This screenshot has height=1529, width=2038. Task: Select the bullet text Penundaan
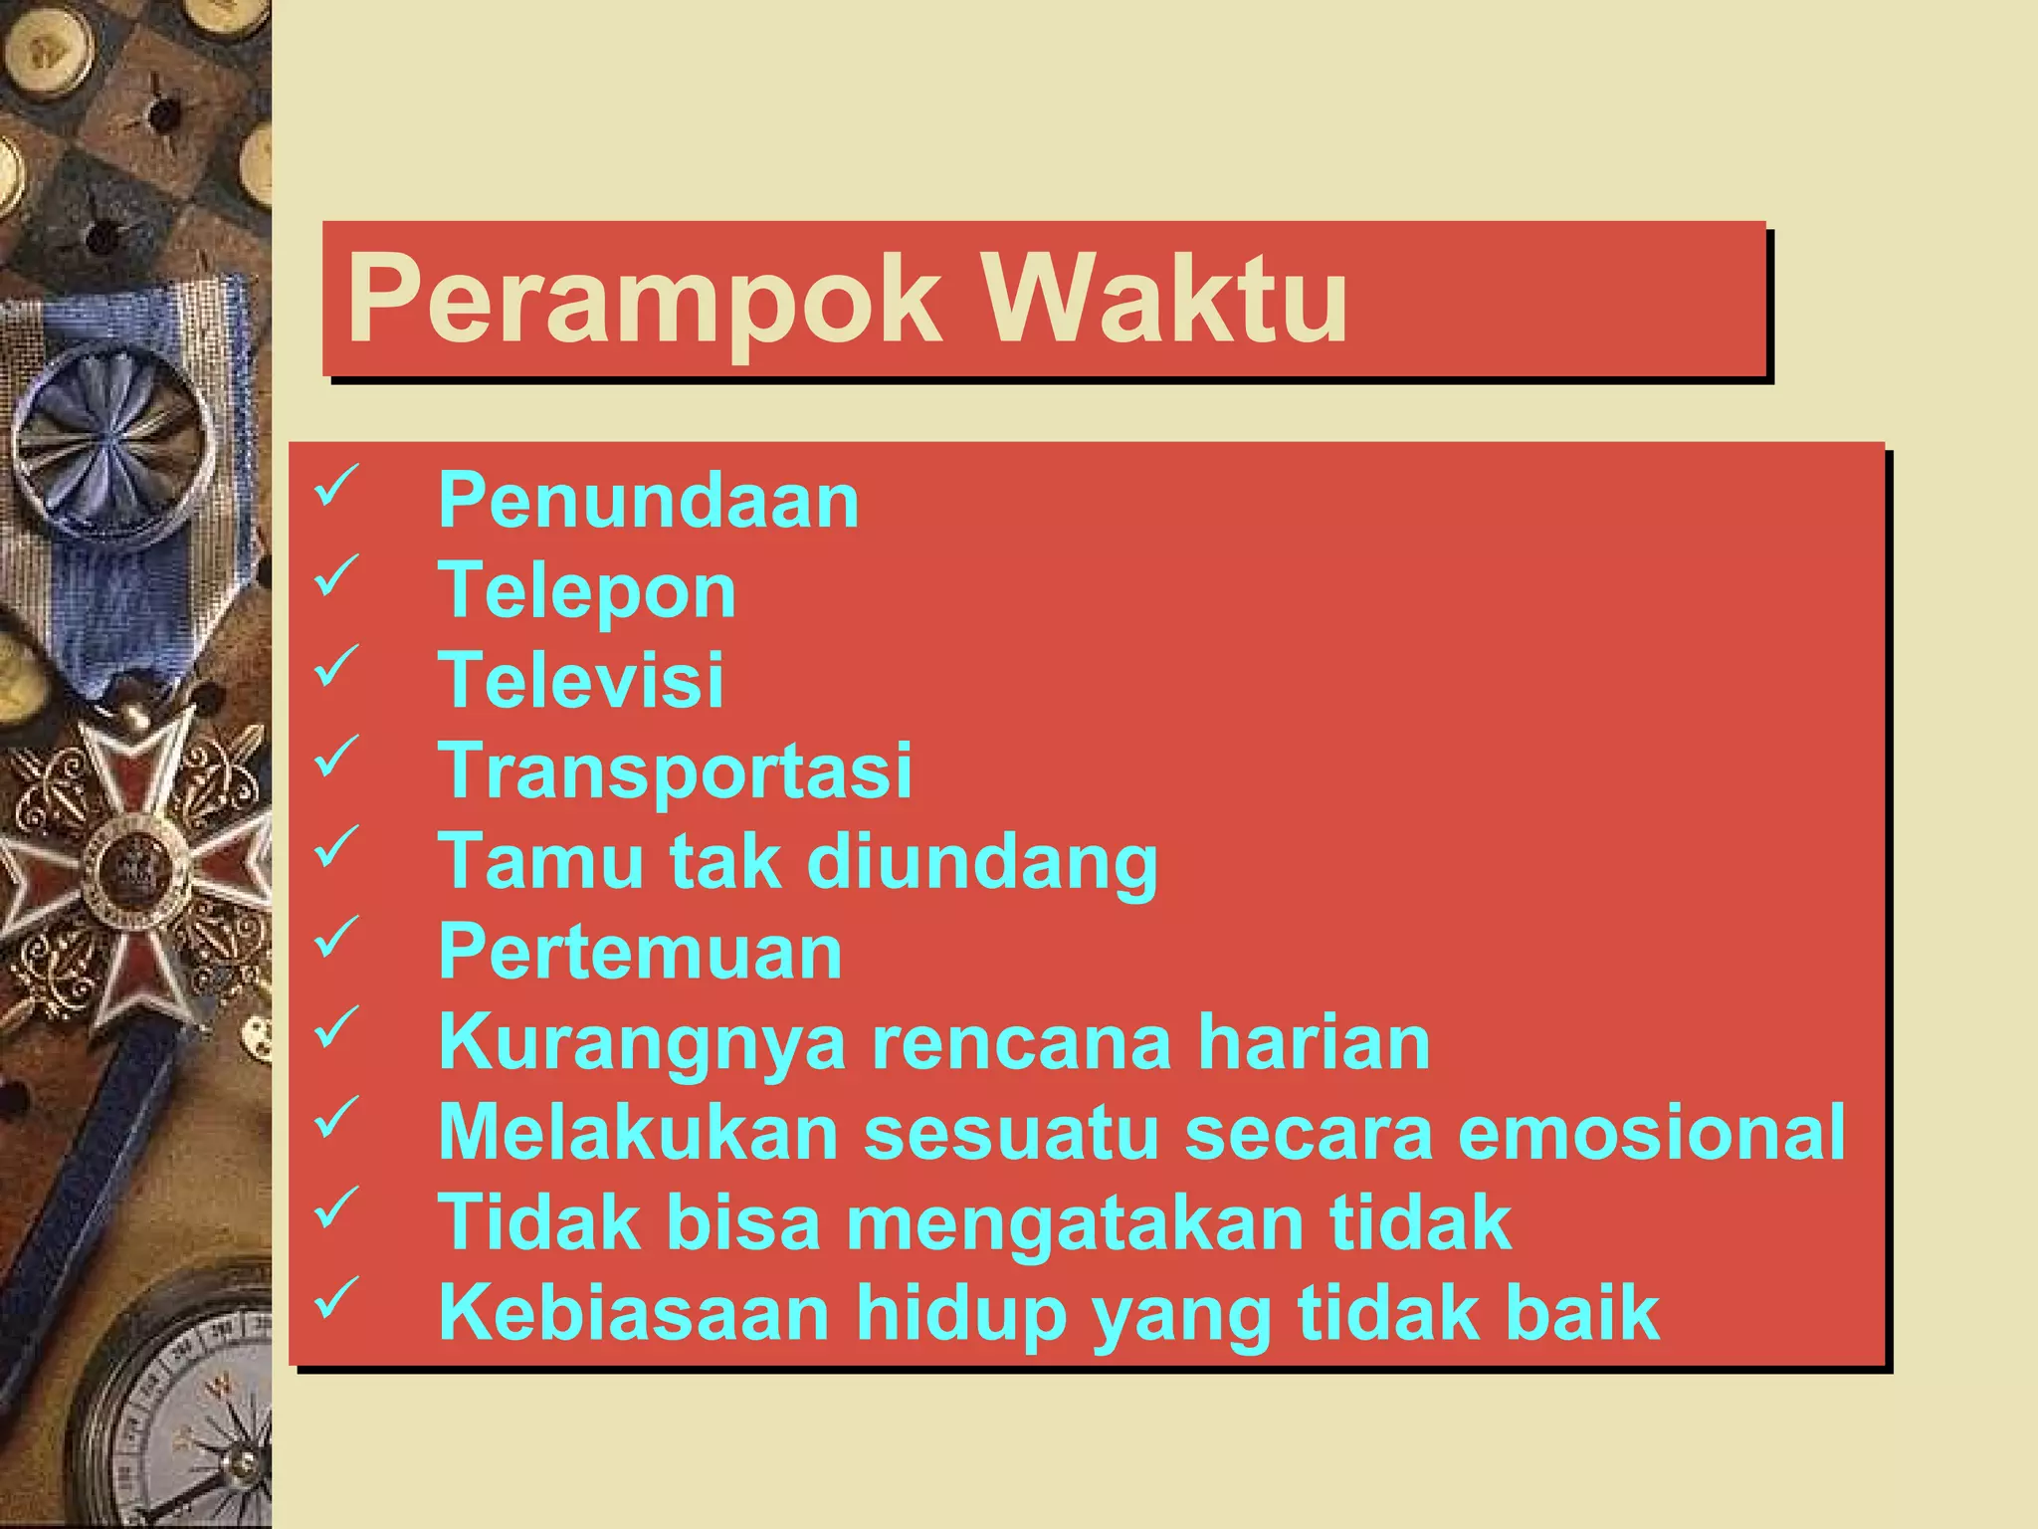click(x=648, y=500)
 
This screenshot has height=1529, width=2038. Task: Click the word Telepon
click(x=587, y=591)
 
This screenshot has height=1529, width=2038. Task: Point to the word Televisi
click(x=581, y=681)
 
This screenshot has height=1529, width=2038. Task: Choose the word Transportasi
click(x=675, y=771)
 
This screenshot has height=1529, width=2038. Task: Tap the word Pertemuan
click(x=640, y=953)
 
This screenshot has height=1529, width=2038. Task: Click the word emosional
click(x=1652, y=1133)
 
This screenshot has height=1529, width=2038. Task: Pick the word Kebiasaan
click(x=634, y=1313)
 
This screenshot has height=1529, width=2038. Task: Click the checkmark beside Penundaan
click(x=336, y=486)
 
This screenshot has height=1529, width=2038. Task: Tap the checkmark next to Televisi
click(x=336, y=666)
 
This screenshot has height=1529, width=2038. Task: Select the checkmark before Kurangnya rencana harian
click(x=336, y=1027)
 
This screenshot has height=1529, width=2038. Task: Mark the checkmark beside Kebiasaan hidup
click(x=336, y=1298)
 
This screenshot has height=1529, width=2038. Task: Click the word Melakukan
click(x=639, y=1133)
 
